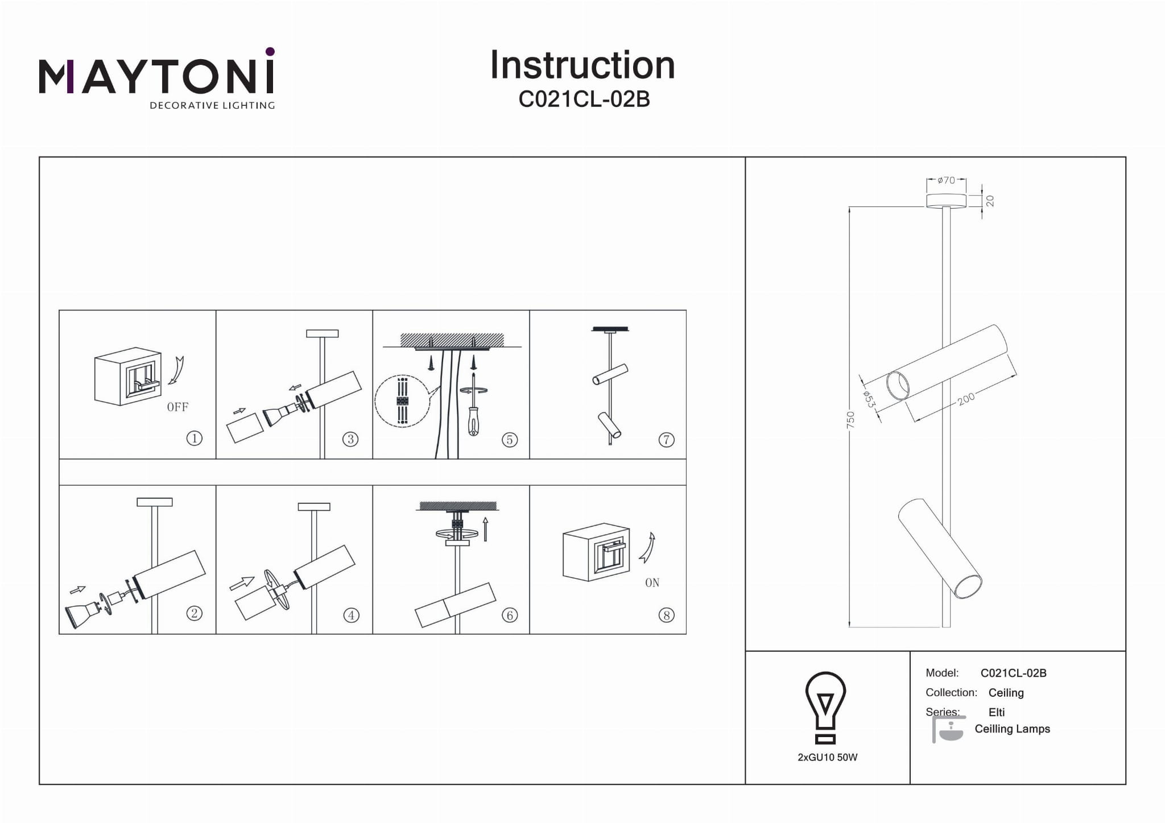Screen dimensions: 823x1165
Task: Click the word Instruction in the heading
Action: [x=582, y=65]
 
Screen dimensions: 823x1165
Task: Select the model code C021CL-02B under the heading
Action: [x=584, y=100]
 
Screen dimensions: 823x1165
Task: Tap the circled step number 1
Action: [x=194, y=439]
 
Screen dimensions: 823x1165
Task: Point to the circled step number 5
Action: [x=509, y=440]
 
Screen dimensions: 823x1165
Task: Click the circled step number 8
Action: [x=666, y=615]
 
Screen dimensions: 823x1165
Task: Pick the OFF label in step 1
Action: [x=177, y=407]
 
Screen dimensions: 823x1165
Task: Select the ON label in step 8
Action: [x=652, y=583]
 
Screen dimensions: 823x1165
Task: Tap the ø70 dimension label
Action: [x=946, y=180]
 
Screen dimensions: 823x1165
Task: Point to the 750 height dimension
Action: [x=850, y=420]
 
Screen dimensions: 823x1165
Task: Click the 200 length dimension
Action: [x=966, y=399]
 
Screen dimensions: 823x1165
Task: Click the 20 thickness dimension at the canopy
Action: [x=990, y=201]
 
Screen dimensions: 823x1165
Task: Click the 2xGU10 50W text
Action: [x=827, y=758]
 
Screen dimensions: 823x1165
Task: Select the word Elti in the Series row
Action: [x=997, y=712]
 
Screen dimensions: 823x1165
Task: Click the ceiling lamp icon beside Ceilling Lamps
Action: [x=948, y=729]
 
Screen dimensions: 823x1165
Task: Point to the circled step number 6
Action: [x=509, y=615]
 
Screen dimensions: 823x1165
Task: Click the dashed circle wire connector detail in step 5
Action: [x=402, y=402]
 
